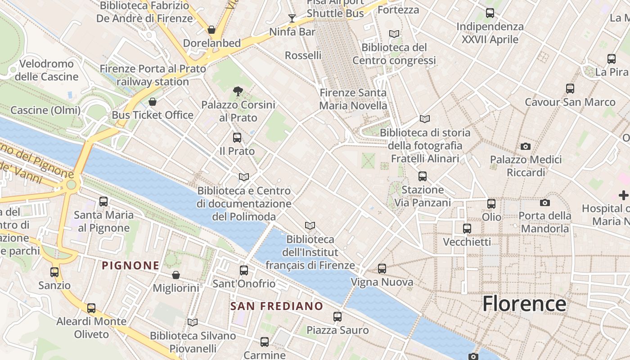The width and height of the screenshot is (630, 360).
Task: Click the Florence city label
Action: pos(524,304)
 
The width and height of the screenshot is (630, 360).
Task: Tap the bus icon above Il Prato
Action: pos(237,137)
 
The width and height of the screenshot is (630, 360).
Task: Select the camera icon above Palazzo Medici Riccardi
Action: pos(525,146)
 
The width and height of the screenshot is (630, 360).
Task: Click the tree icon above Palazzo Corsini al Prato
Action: pos(238,92)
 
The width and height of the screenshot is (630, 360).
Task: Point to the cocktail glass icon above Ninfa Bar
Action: pos(292,18)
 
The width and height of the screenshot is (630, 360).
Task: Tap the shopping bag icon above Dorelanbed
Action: pos(211,30)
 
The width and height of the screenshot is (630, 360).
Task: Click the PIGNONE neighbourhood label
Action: pos(130,265)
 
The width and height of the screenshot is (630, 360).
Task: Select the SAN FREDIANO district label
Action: pos(277,306)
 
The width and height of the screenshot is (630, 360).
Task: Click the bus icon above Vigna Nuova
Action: pos(382,269)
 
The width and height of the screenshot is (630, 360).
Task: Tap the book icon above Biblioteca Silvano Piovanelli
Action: pos(193,322)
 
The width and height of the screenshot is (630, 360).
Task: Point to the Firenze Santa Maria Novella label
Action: pos(353,99)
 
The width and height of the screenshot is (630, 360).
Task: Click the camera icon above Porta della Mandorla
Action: pos(545,202)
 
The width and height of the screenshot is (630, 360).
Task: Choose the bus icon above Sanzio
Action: pos(54,272)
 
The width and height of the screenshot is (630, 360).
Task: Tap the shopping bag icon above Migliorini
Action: pos(176,274)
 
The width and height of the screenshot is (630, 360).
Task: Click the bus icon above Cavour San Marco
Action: pos(570,88)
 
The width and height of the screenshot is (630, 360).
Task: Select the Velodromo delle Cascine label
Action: pos(46,70)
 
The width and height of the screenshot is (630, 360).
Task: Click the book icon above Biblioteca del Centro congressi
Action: pos(394,34)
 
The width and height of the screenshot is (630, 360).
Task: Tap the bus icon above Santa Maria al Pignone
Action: pos(103,201)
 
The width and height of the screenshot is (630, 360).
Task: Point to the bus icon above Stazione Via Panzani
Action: pos(422,176)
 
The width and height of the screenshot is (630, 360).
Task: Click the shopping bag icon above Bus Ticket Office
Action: pos(153,101)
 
